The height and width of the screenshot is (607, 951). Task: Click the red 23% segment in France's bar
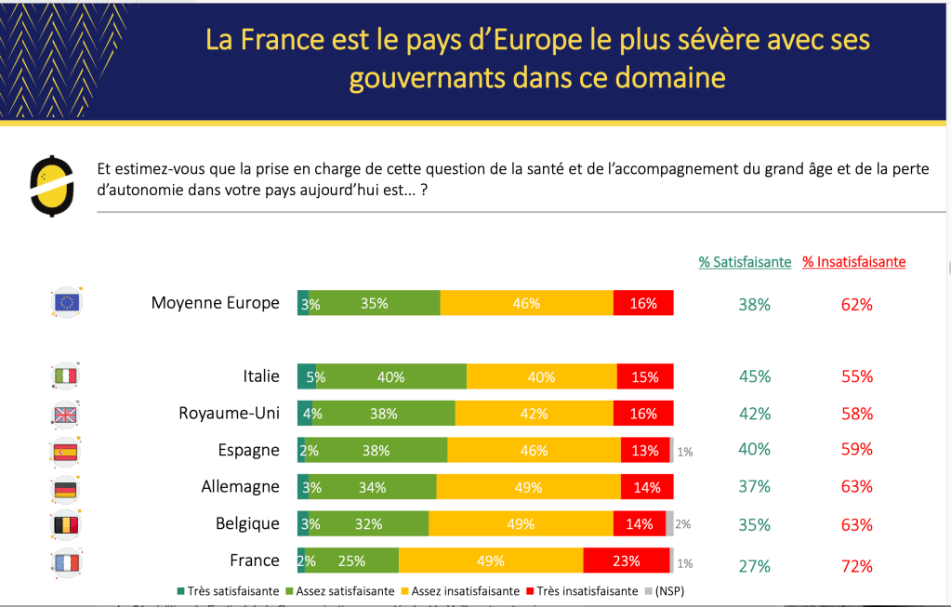coord(626,561)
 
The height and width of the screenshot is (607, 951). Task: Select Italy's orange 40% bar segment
coord(541,376)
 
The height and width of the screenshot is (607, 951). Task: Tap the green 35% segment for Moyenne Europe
coord(375,303)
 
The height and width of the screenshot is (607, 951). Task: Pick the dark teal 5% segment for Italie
coord(307,376)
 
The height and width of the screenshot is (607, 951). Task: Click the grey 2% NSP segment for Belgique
coord(670,524)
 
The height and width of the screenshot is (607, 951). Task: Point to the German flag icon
coord(66,488)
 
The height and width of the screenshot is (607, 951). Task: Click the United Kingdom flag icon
coord(66,415)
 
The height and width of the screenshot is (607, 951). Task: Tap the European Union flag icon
coord(66,303)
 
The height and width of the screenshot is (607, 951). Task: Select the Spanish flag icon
coord(66,452)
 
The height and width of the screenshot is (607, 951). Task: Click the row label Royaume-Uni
coord(229,414)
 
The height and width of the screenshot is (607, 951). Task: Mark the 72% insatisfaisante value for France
coord(856,566)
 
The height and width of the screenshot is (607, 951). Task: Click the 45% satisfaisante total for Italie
coord(754,376)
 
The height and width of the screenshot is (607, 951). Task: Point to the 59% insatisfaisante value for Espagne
coord(856,449)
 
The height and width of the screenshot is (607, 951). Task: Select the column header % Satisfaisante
coord(745,262)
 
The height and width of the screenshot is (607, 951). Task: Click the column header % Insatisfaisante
coord(853,262)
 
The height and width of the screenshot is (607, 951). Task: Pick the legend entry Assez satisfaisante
coord(340,590)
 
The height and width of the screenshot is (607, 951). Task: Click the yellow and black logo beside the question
coord(52,185)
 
